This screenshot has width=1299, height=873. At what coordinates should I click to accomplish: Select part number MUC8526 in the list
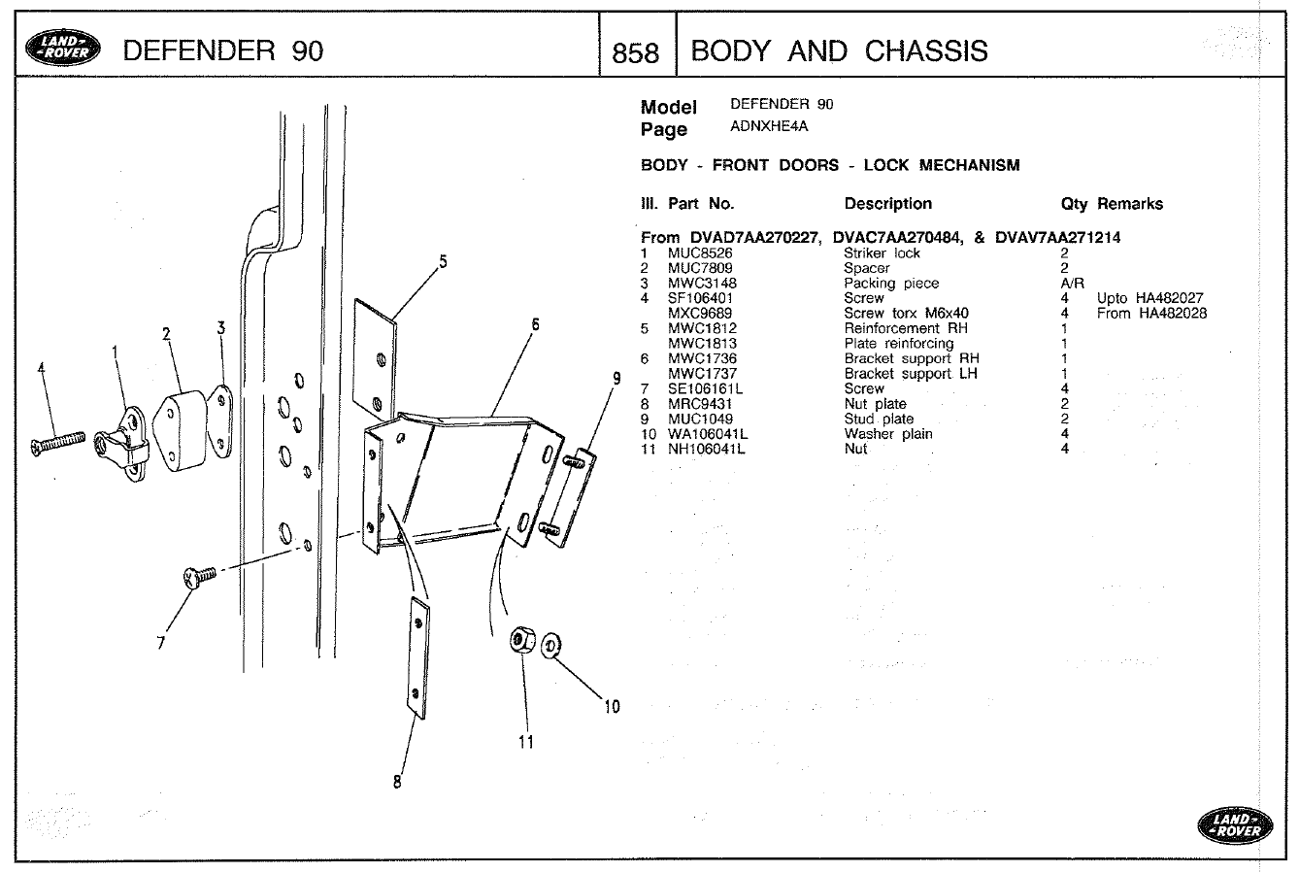point(699,253)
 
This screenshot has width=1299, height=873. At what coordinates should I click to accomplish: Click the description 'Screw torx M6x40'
point(906,314)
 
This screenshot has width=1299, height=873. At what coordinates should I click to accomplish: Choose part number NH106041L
point(706,449)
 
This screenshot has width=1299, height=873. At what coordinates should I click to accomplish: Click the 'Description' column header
point(887,204)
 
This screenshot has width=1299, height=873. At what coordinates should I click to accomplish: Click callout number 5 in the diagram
point(443,260)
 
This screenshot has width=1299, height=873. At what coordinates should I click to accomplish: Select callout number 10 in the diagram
point(612,706)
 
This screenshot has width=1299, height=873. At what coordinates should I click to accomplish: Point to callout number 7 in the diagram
point(161,642)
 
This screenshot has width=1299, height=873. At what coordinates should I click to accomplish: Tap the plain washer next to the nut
point(551,642)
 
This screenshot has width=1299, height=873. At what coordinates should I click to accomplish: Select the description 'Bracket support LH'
point(910,374)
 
